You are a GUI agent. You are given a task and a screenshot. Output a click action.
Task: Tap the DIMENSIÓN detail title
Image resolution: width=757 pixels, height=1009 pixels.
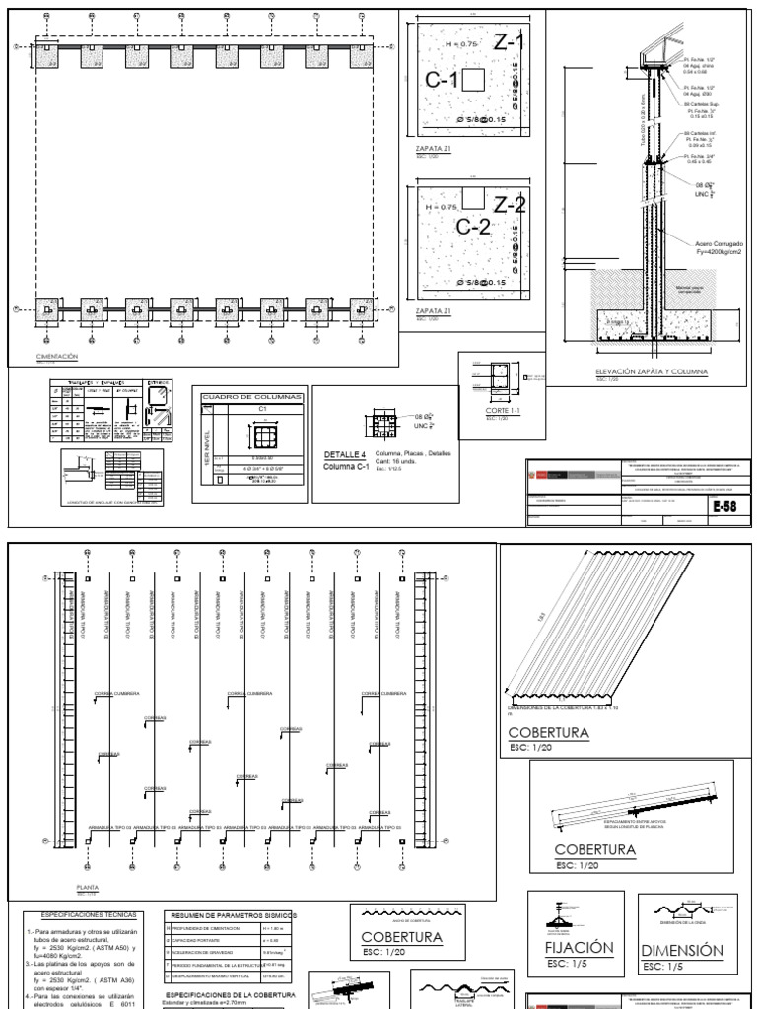pyautogui.click(x=680, y=951)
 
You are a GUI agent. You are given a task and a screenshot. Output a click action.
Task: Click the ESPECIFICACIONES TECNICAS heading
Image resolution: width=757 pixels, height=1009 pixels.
pyautogui.click(x=86, y=915)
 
